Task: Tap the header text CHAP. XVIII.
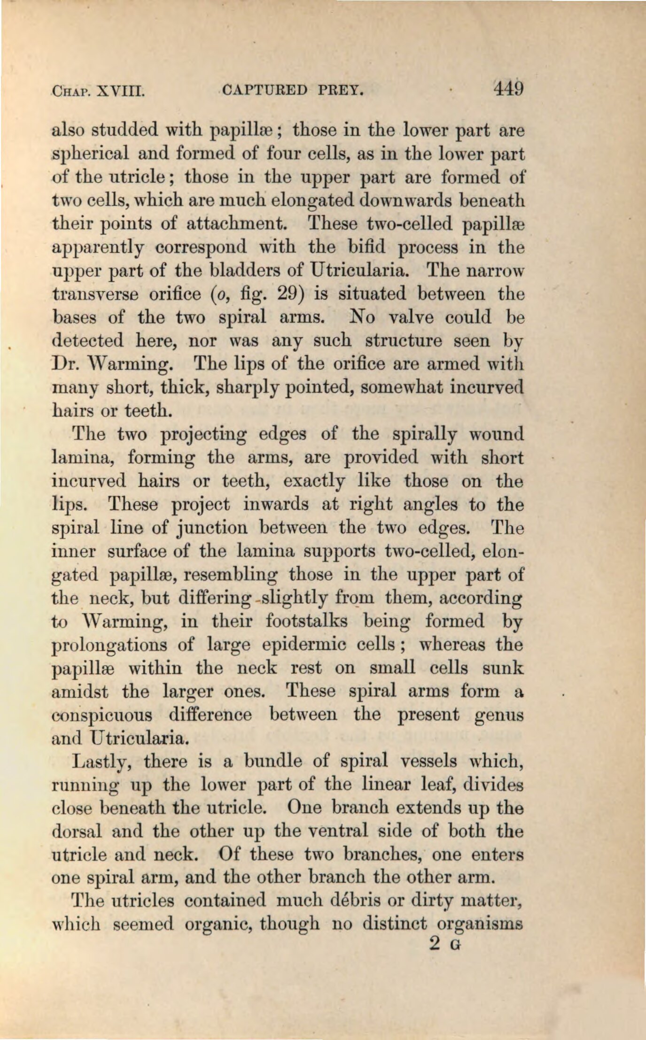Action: (x=98, y=90)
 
